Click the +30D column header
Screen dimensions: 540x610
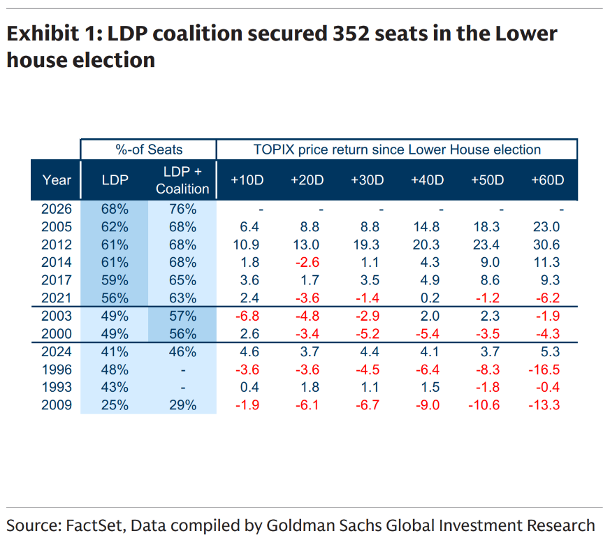(367, 180)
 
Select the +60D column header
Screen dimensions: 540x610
(548, 180)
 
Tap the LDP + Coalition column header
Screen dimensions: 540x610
(182, 180)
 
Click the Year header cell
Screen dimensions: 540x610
(57, 180)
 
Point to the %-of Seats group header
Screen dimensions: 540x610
(148, 149)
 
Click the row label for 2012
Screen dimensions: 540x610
(57, 245)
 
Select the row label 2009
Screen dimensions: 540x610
(57, 405)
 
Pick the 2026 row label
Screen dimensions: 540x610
(57, 208)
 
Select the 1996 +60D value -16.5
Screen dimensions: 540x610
(546, 370)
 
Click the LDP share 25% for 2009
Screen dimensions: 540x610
(115, 405)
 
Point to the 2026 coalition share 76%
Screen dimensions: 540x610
(182, 208)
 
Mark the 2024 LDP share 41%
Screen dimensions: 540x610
(115, 351)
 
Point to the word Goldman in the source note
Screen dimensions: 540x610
(298, 525)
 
